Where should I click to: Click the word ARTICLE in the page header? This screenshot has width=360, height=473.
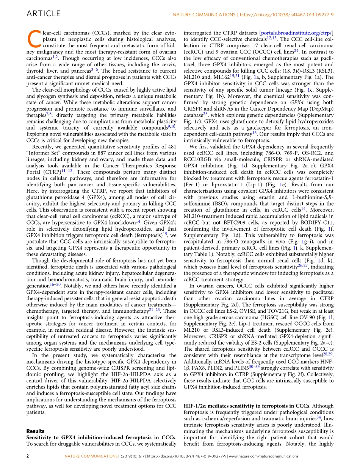coord(43,14)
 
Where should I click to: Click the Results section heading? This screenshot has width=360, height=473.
coord(35,431)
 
